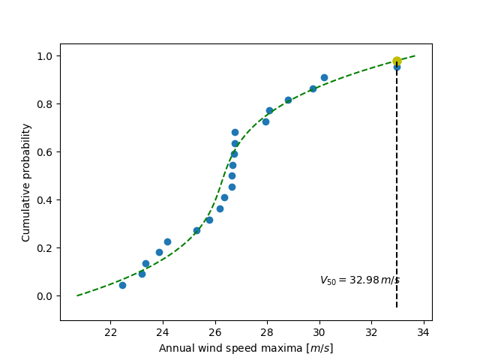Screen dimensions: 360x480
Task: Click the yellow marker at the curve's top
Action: coord(397,61)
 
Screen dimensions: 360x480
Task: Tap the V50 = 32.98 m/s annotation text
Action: coord(359,280)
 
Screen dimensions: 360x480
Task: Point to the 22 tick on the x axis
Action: coord(111,332)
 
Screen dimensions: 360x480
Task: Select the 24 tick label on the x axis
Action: coord(163,332)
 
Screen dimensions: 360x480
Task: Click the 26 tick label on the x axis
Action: coord(215,332)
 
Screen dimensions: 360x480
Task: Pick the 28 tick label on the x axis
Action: coord(267,332)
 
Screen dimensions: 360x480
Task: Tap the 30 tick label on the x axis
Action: coord(319,332)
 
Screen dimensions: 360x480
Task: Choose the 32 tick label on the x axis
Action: coord(371,332)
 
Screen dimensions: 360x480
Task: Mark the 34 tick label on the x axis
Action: coord(423,332)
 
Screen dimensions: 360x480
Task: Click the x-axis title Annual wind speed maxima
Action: coord(246,348)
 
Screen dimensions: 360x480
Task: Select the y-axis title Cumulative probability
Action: coord(26,182)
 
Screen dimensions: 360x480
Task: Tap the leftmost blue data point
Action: coord(122,285)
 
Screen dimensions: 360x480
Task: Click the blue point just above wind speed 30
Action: coord(324,77)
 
